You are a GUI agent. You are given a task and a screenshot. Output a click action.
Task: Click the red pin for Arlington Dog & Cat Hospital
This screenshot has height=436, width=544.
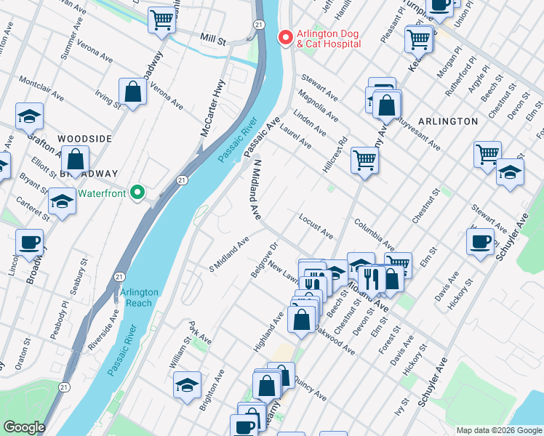286,37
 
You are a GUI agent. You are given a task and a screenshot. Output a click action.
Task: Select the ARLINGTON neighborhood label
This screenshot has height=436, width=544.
448,121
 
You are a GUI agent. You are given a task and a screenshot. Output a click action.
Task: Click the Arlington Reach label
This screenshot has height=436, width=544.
139,297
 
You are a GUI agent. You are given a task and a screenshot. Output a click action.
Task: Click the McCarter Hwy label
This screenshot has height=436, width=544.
215,109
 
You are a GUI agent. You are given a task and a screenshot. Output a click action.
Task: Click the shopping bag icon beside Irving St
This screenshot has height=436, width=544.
132,92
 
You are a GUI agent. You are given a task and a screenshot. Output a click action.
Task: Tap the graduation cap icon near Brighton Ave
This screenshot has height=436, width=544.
187,384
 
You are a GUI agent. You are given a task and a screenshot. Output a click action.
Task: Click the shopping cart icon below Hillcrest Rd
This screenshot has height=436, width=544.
365,160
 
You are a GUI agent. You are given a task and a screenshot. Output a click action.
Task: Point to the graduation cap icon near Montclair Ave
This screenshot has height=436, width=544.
29,116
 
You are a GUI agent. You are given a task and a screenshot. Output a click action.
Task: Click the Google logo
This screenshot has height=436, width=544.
24,427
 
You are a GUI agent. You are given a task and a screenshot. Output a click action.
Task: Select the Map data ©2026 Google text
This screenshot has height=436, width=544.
498,430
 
